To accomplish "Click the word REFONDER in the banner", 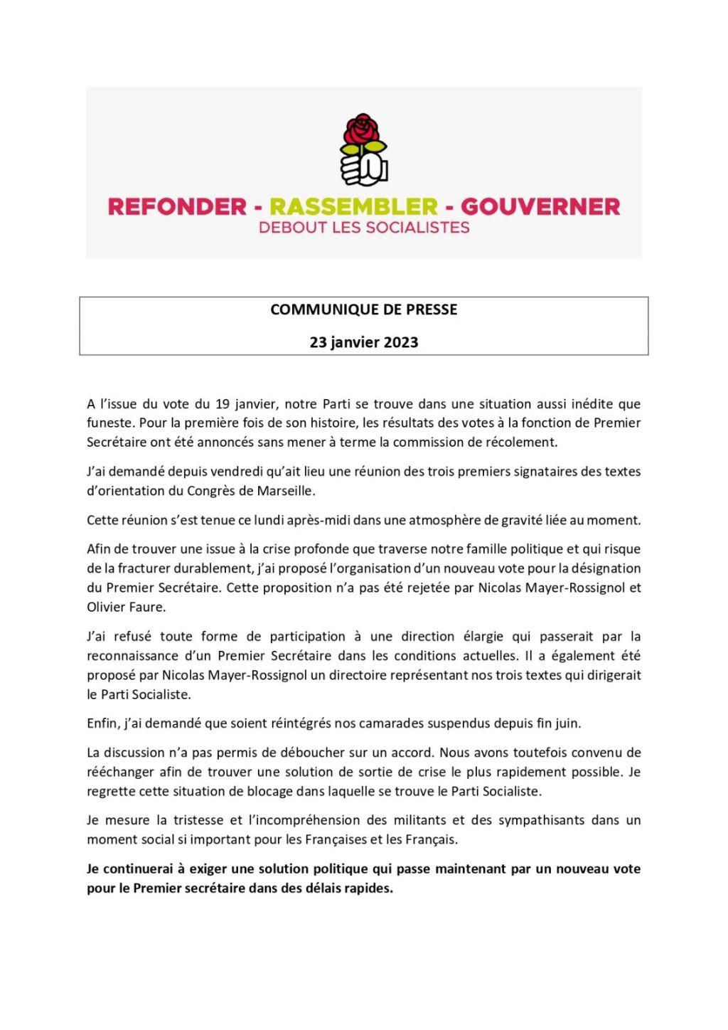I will [177, 207].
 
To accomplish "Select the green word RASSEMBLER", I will [353, 207].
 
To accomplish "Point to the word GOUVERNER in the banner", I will [540, 207].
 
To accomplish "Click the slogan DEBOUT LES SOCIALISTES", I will [364, 228].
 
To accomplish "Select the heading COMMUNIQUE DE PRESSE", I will [364, 309].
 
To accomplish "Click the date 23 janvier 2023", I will [364, 342].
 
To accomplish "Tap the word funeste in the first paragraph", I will [110, 423].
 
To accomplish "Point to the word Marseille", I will [285, 491].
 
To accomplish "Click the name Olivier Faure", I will [126, 607].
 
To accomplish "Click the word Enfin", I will [103, 723].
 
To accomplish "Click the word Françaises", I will [336, 839].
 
